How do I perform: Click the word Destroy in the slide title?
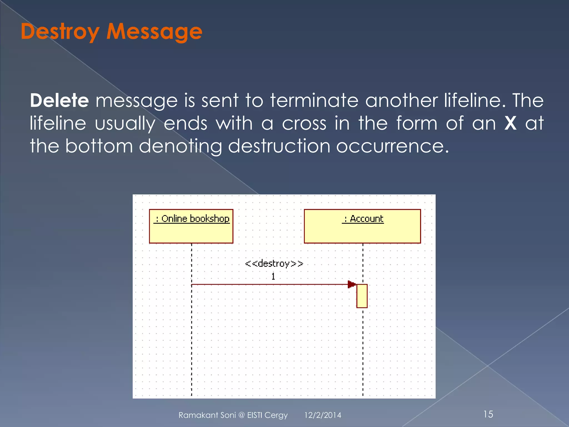pos(60,32)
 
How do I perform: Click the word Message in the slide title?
pos(154,32)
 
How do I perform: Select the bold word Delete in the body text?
pos(59,100)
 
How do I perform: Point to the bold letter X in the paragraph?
pos(510,123)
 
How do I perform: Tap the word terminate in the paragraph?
pos(314,100)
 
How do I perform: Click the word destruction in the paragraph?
pos(279,146)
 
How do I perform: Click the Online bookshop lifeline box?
pos(191,226)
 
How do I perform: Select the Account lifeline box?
pos(362,226)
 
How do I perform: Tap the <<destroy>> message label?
pos(274,264)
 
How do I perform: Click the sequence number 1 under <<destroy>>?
pos(273,276)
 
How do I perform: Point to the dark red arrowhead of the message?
pos(351,284)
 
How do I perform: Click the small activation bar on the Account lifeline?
pos(362,296)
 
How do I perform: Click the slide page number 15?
pos(488,414)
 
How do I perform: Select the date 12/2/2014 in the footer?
pos(323,415)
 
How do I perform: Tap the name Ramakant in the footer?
pos(198,415)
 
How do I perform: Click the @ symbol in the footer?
pos(241,415)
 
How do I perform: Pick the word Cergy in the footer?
pos(276,415)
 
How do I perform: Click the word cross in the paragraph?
pos(304,123)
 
